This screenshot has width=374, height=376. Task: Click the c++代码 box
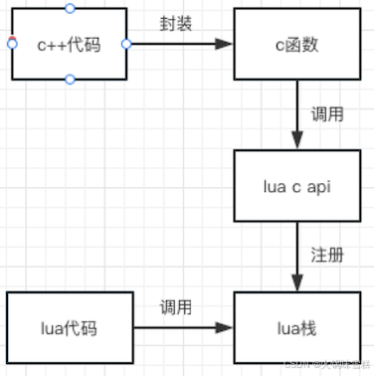pyautogui.click(x=68, y=44)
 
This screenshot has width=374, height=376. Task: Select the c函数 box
pyautogui.click(x=293, y=44)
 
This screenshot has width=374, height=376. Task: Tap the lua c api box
pyautogui.click(x=293, y=185)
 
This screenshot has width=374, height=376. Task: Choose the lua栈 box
pyautogui.click(x=293, y=326)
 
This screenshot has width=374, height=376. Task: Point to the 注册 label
pyautogui.click(x=328, y=255)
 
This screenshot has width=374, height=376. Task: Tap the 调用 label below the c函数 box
pyautogui.click(x=328, y=113)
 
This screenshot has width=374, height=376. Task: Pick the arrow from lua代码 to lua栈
pyautogui.click(x=179, y=326)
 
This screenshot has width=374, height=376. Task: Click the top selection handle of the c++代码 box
pyautogui.click(x=68, y=8)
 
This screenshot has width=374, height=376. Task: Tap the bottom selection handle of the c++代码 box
pyautogui.click(x=68, y=80)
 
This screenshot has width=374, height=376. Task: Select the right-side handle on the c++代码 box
pyautogui.click(x=125, y=44)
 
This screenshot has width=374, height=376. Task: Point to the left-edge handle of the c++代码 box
pyautogui.click(x=10, y=43)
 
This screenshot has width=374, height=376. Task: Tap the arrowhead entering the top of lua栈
pyautogui.click(x=295, y=282)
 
